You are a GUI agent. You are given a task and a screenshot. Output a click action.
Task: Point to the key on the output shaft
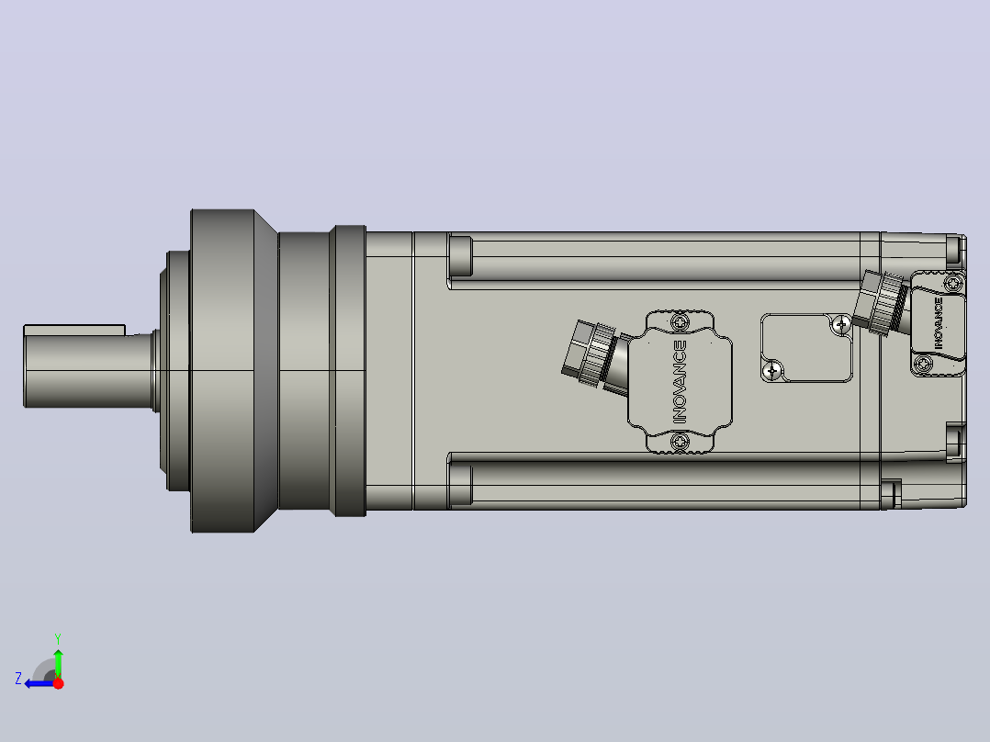click(73, 331)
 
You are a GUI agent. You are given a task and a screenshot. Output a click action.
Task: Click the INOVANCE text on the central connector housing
click(680, 381)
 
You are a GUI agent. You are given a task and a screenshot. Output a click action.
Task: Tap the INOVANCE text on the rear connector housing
click(939, 322)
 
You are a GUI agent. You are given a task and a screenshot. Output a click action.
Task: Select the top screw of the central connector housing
click(680, 323)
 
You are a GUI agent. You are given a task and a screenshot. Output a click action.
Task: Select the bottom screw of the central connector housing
click(680, 442)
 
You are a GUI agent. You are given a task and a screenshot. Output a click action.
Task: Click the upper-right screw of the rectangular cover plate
click(840, 324)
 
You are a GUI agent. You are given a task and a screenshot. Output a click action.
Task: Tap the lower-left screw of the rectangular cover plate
click(773, 370)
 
